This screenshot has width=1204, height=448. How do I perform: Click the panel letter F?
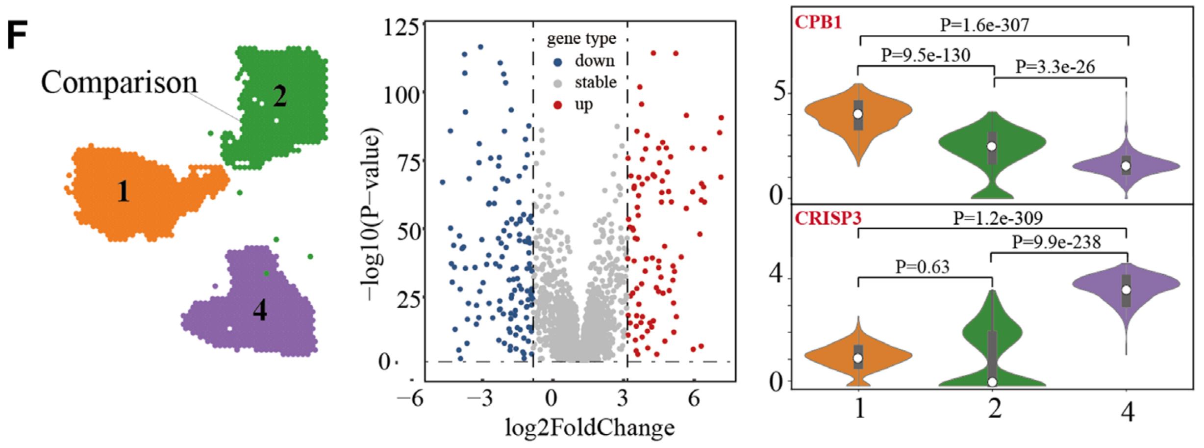tap(17, 35)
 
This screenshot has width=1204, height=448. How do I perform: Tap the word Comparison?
tap(119, 82)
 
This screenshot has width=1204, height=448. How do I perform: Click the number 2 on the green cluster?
tap(279, 96)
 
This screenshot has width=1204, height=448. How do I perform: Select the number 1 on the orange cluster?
tap(123, 190)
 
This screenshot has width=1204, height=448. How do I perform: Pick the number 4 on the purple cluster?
tap(260, 310)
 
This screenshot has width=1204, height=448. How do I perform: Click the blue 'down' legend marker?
tap(557, 62)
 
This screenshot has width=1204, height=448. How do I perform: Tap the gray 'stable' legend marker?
tap(557, 84)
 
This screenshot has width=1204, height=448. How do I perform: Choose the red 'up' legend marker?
tap(557, 105)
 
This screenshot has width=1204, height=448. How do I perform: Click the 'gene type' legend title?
tap(581, 38)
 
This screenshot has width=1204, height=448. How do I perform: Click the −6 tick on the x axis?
tap(410, 398)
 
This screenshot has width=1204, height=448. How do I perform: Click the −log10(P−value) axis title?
tap(371, 213)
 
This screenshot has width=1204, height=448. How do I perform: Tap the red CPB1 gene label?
tap(818, 23)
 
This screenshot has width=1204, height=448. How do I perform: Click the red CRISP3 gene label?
tap(828, 218)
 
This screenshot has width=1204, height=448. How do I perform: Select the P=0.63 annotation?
tap(922, 267)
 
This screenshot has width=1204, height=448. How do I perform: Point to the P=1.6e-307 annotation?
tap(984, 25)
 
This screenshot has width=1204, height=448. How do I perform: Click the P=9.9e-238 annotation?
tap(1056, 242)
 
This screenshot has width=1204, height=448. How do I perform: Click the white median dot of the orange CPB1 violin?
tap(858, 114)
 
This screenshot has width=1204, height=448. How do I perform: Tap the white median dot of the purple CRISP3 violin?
tap(1127, 290)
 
